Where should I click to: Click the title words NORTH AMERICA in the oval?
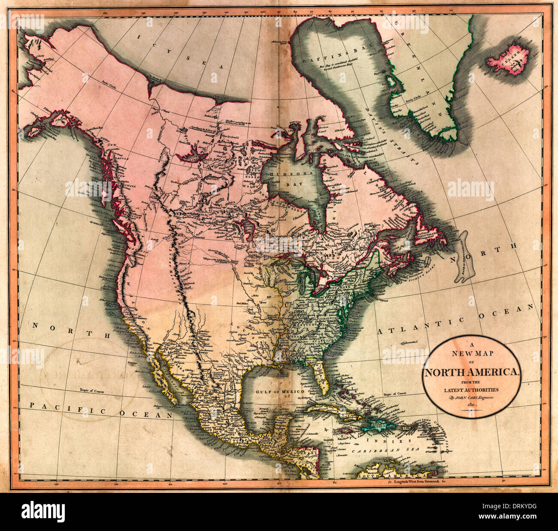[472, 372]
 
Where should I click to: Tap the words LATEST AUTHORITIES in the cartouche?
[472, 389]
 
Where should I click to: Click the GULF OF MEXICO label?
[279, 392]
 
